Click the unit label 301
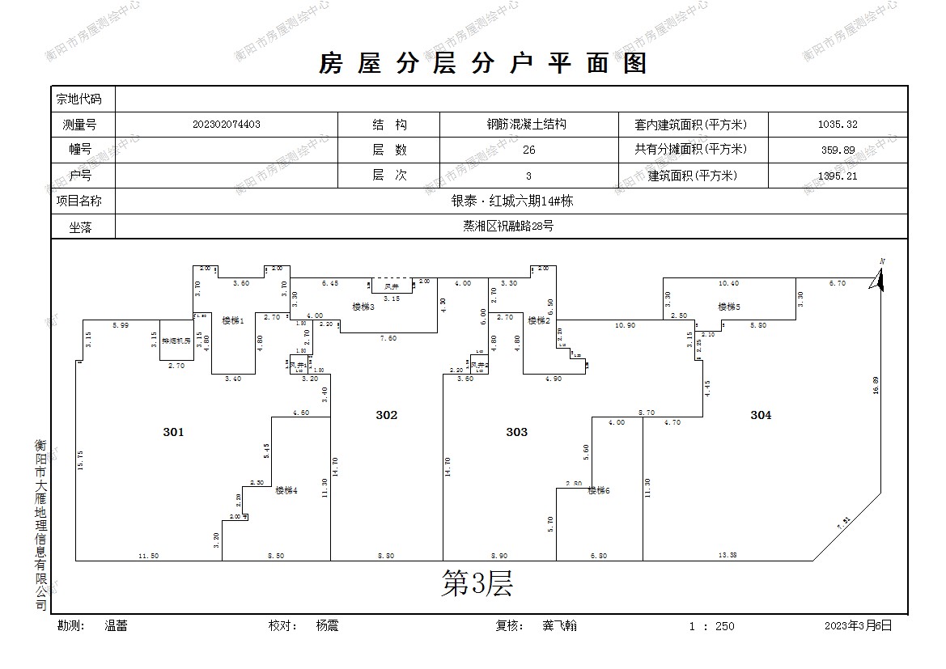pyautogui.click(x=173, y=432)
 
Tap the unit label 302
pyautogui.click(x=387, y=415)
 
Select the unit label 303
pyautogui.click(x=517, y=432)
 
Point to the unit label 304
pyautogui.click(x=761, y=415)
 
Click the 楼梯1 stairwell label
pyautogui.click(x=233, y=321)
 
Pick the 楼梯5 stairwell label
pyautogui.click(x=729, y=307)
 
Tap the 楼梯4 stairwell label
pyautogui.click(x=286, y=490)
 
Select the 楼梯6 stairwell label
pyautogui.click(x=598, y=490)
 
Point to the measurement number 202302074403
pyautogui.click(x=227, y=125)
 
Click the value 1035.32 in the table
pyautogui.click(x=838, y=125)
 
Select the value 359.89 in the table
pyautogui.click(x=838, y=150)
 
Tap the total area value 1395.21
pyautogui.click(x=838, y=176)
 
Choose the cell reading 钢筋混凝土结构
pyautogui.click(x=526, y=125)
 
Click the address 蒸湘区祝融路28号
pyautogui.click(x=508, y=227)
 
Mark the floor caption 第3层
pyautogui.click(x=477, y=582)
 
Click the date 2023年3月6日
pyautogui.click(x=858, y=625)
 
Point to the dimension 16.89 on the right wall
pyautogui.click(x=876, y=385)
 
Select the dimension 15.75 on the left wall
pyautogui.click(x=80, y=460)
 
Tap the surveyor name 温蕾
pyautogui.click(x=116, y=625)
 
